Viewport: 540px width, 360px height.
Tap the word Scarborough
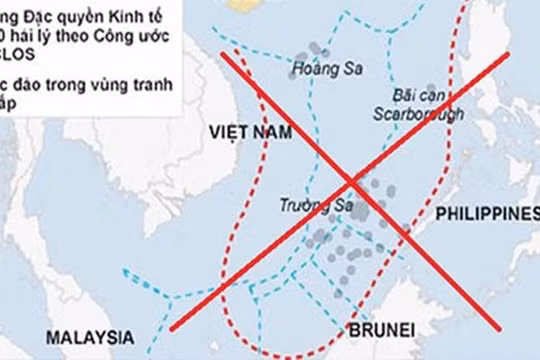415,110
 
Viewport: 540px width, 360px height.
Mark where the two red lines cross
351,183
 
